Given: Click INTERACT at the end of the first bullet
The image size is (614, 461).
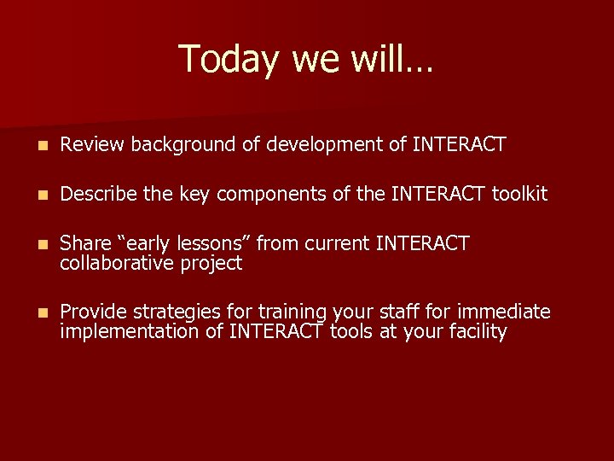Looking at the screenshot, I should pos(459,145).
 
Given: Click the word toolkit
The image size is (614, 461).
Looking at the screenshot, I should pos(519,195).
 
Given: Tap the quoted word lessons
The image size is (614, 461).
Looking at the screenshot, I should pos(214,244).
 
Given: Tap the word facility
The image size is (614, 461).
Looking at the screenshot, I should pos(476,332).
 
